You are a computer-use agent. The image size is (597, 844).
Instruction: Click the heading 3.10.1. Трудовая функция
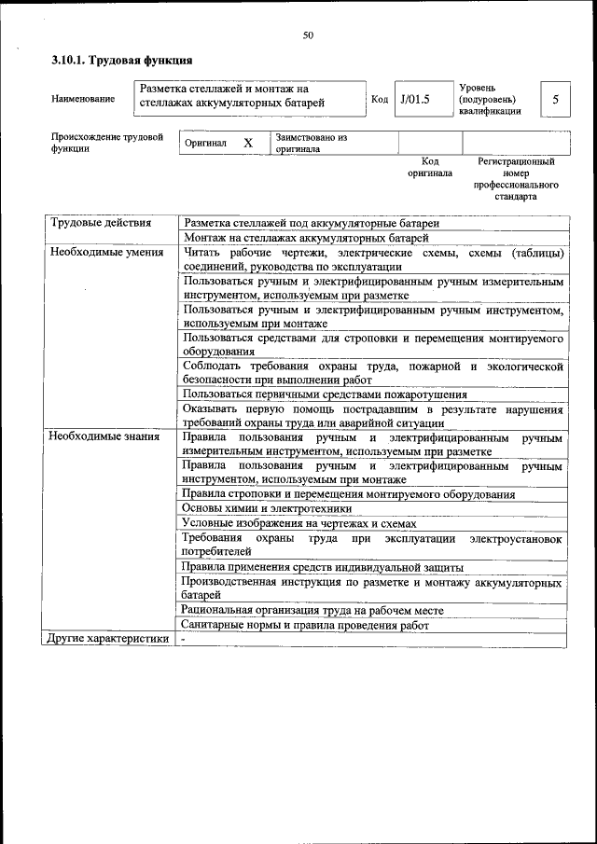click(x=121, y=61)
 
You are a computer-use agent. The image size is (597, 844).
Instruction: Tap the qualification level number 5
click(x=556, y=99)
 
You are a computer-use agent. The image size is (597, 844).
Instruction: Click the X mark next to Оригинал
click(x=248, y=143)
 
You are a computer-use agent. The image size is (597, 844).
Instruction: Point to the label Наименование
click(x=84, y=99)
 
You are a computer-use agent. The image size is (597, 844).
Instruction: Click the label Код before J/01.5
click(x=380, y=99)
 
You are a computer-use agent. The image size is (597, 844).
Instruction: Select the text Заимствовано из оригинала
click(x=312, y=143)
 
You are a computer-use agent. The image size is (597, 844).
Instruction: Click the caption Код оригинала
click(x=430, y=167)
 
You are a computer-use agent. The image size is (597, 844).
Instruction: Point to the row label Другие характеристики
click(x=109, y=639)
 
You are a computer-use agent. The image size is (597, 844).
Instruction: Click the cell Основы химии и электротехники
click(x=267, y=509)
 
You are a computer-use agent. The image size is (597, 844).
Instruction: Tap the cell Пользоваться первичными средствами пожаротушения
click(x=325, y=394)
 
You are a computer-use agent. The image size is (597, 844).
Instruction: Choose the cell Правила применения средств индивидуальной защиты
click(x=323, y=567)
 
